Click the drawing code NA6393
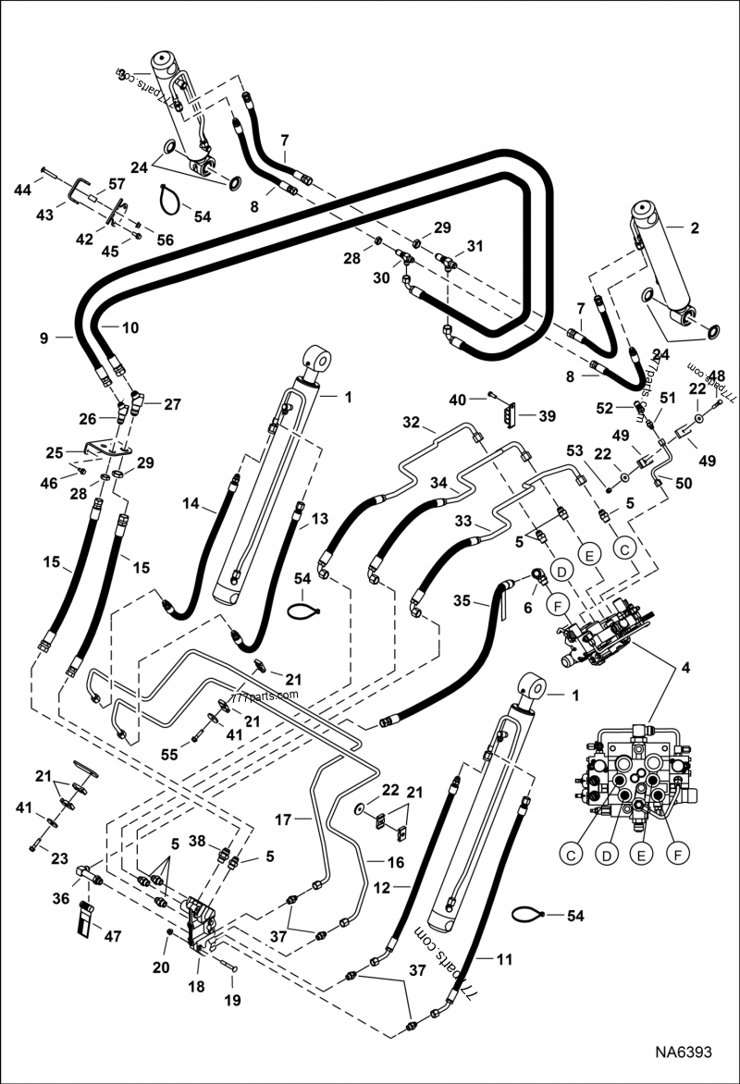[x=684, y=1053]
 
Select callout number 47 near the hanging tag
[x=112, y=937]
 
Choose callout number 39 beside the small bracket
[x=548, y=416]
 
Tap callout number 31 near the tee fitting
[x=475, y=246]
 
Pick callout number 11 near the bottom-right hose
[x=504, y=960]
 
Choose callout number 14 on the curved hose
[x=191, y=505]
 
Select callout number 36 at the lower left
[x=62, y=897]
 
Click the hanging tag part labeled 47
[x=87, y=917]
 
